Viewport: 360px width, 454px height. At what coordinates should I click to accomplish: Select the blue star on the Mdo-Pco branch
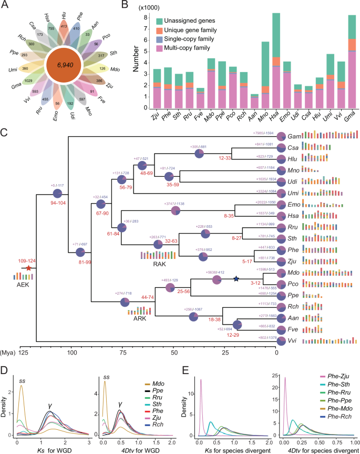236,278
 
